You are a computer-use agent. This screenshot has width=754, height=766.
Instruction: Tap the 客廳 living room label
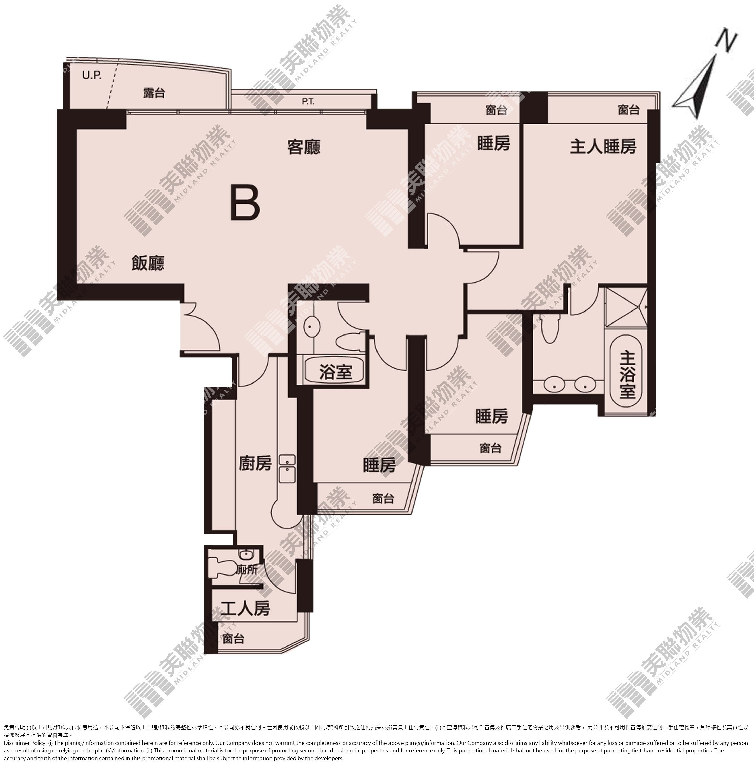pyautogui.click(x=304, y=147)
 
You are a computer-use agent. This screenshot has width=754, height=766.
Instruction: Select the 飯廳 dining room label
pyautogui.click(x=148, y=263)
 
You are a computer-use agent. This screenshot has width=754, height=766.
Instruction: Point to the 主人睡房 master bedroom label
pyautogui.click(x=603, y=147)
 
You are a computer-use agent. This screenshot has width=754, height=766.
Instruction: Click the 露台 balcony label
pyautogui.click(x=154, y=93)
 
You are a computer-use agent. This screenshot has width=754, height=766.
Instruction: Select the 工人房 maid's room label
pyautogui.click(x=245, y=608)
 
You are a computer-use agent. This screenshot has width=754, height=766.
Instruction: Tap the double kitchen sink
pyautogui.click(x=287, y=469)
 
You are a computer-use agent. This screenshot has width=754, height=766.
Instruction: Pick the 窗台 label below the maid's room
pyautogui.click(x=233, y=639)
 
